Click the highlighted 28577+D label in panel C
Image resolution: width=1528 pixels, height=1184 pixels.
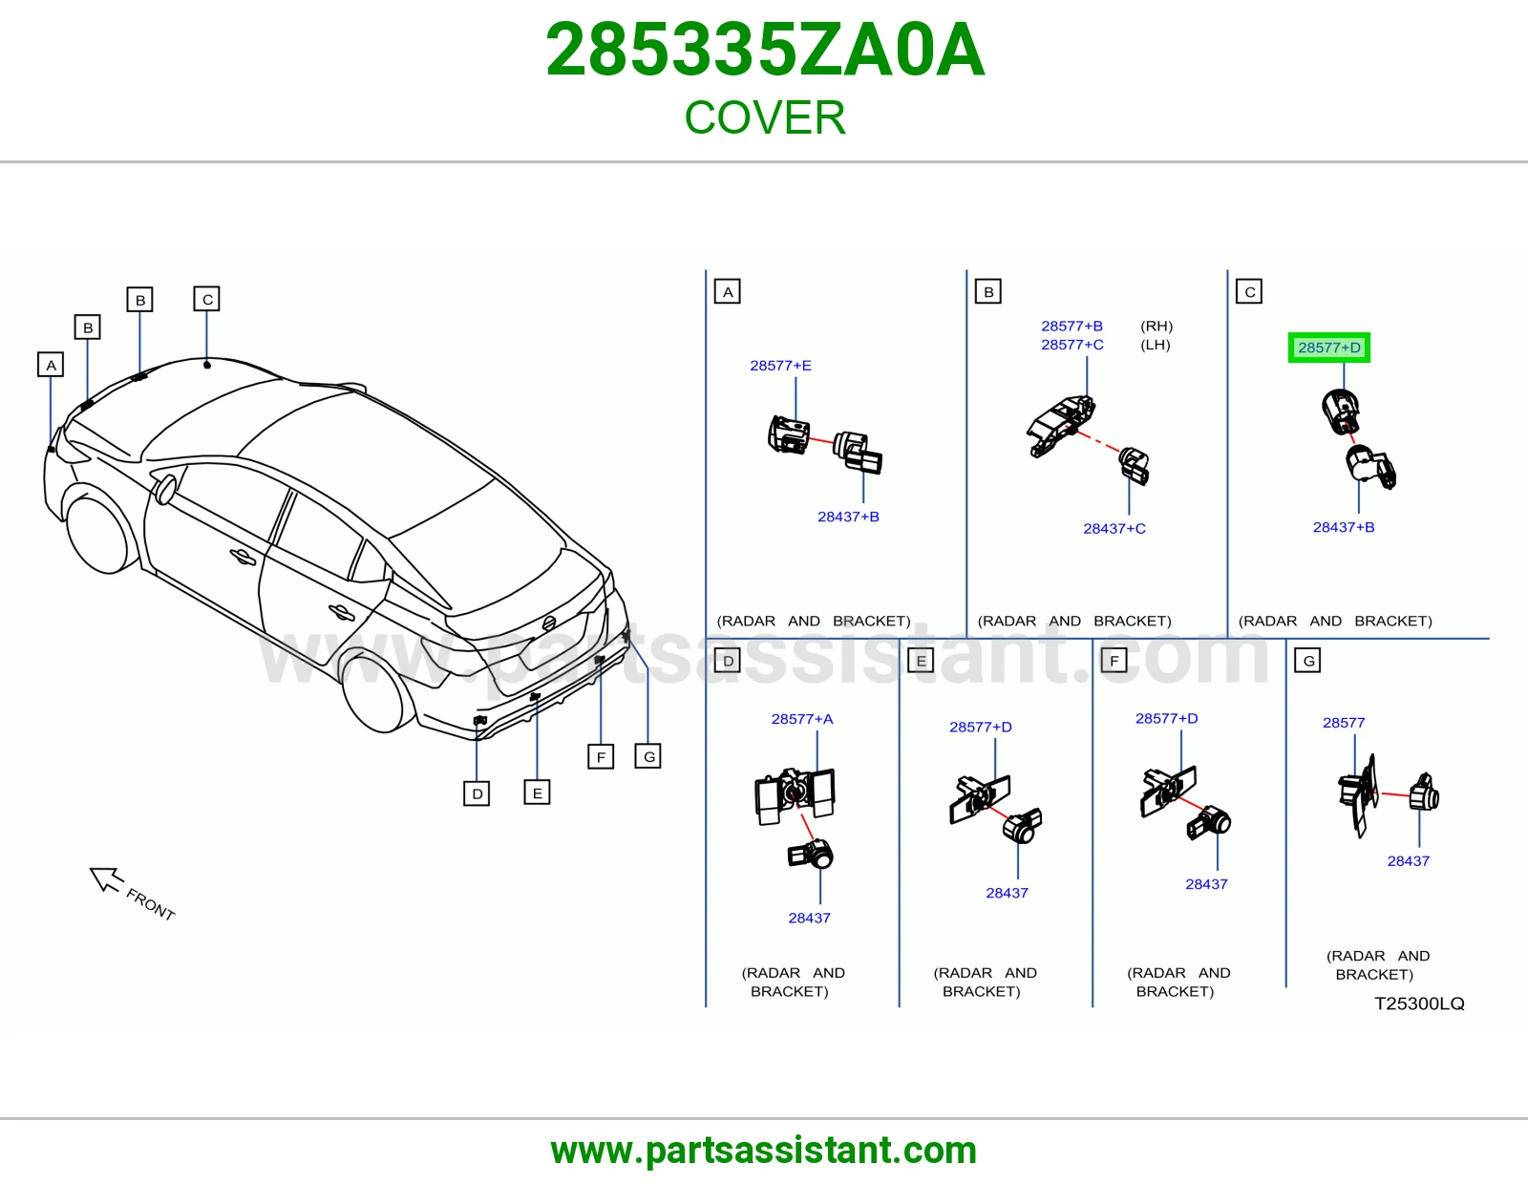click(x=1328, y=348)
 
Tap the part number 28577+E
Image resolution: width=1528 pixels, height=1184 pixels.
click(x=780, y=366)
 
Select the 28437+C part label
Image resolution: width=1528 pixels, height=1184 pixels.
click(x=1114, y=529)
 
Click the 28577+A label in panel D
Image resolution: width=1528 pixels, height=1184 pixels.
click(x=802, y=719)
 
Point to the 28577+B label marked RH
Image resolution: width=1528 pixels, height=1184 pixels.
click(x=1072, y=327)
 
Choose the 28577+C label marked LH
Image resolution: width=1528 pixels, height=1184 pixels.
click(x=1072, y=345)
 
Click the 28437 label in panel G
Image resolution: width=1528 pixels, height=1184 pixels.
click(x=1409, y=861)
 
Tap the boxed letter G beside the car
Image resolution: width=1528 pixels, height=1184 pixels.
click(x=647, y=756)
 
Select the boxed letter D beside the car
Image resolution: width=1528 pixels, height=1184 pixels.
click(x=477, y=793)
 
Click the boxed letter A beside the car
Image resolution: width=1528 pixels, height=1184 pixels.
click(x=51, y=365)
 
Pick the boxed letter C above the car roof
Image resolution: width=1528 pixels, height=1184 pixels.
click(x=206, y=299)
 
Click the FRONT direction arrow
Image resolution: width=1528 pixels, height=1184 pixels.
click(x=107, y=878)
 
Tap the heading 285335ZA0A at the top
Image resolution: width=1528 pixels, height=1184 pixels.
click(x=765, y=50)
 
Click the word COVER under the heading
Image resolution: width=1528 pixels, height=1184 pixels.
click(x=765, y=117)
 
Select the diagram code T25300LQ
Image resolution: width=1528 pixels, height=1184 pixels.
click(x=1420, y=1004)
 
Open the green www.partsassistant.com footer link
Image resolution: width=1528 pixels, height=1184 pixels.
click(x=764, y=1151)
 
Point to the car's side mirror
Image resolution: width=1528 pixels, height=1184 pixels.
click(x=165, y=489)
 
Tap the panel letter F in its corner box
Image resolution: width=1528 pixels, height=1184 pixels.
click(x=1114, y=661)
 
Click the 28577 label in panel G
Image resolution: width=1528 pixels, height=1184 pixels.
click(x=1344, y=723)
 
